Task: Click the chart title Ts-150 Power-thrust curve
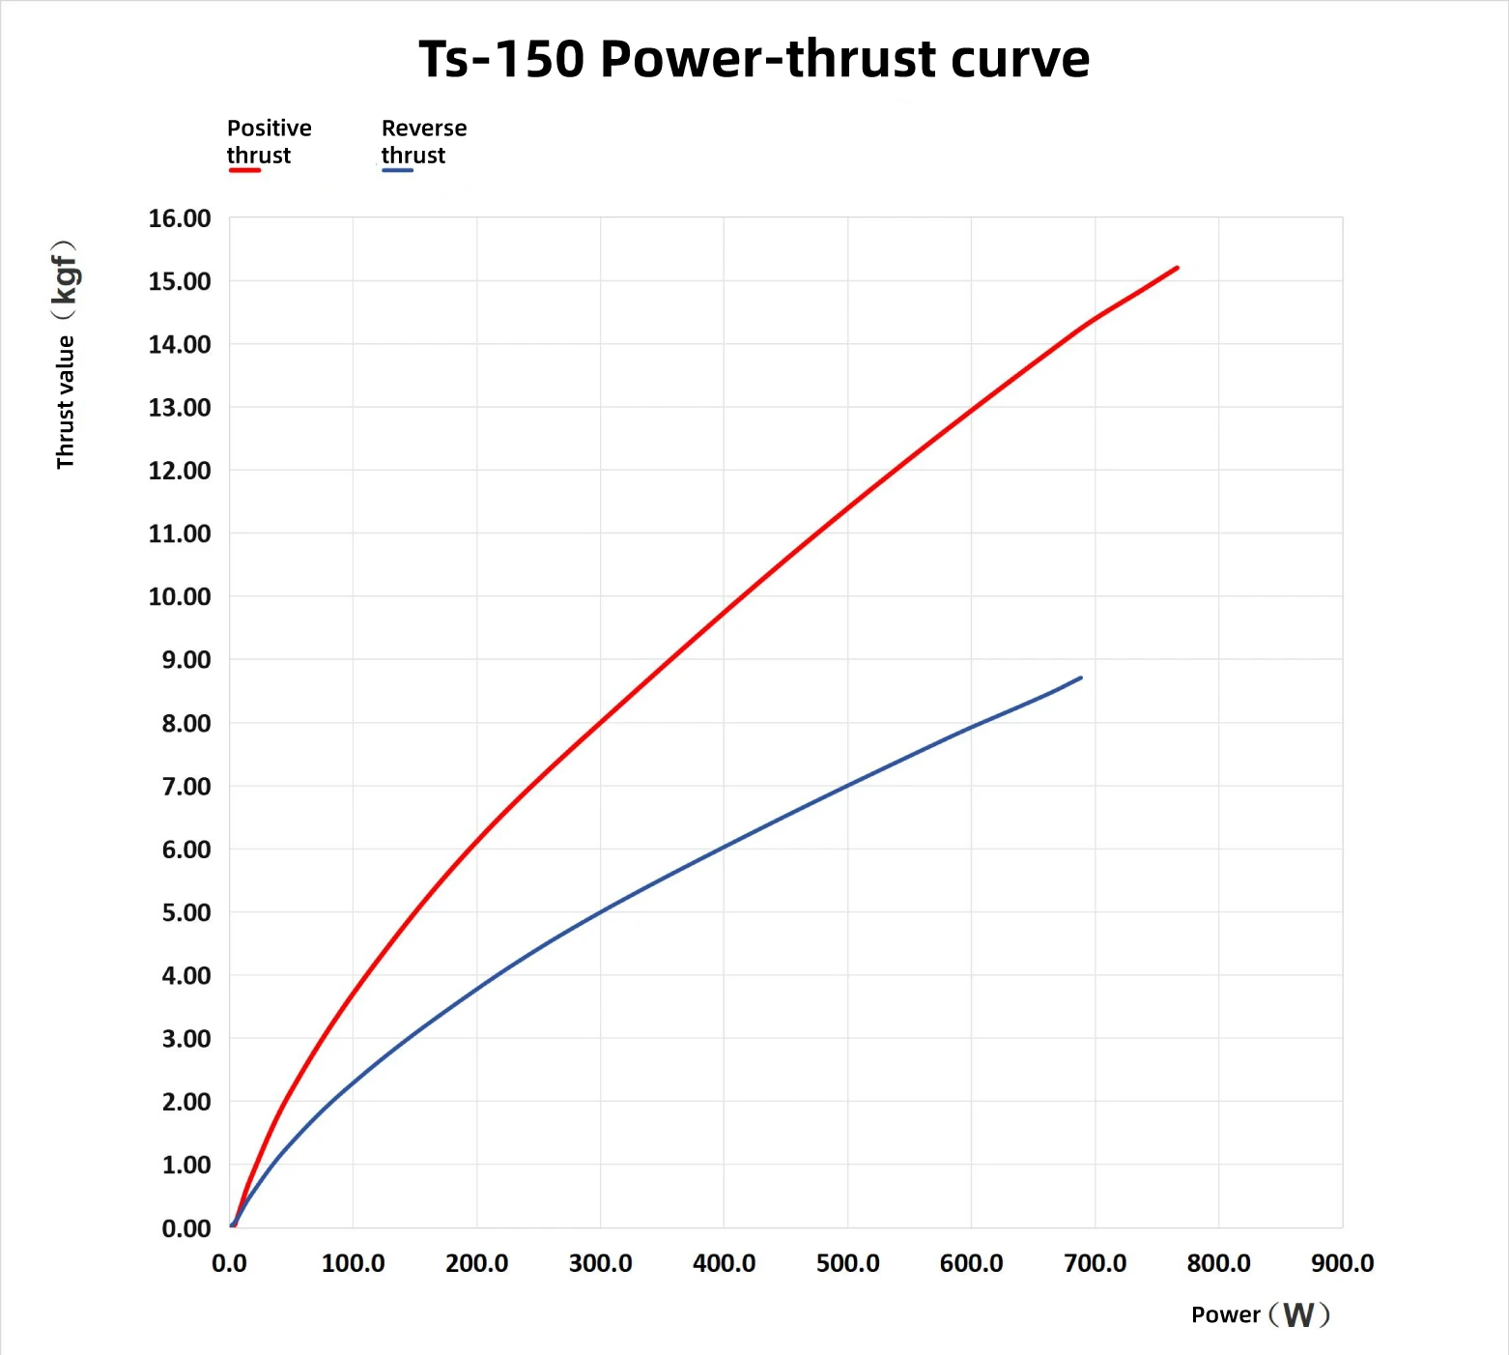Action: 754,59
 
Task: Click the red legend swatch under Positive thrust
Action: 244,170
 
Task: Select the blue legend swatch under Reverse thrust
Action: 397,170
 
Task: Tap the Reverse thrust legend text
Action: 424,141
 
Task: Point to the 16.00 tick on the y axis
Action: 180,218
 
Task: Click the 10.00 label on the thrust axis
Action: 180,596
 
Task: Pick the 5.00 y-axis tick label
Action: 186,912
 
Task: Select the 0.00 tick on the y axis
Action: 186,1228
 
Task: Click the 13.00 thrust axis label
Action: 180,407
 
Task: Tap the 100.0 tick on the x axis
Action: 353,1263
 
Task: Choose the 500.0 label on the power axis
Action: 848,1263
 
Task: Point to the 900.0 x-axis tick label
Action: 1343,1263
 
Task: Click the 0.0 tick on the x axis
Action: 229,1263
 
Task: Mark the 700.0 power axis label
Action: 1096,1263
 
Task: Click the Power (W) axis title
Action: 1261,1314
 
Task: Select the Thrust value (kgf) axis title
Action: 65,355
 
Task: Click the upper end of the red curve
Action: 1178,268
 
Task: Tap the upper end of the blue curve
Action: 1080,677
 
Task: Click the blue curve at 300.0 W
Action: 601,910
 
